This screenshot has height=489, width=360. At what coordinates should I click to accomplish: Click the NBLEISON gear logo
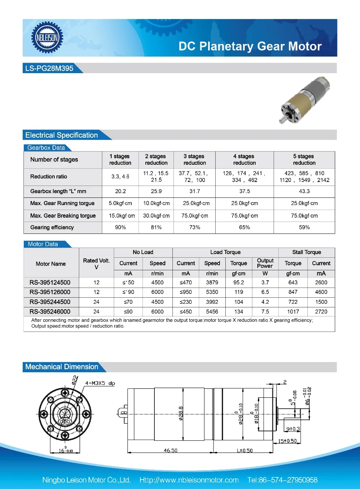(47, 37)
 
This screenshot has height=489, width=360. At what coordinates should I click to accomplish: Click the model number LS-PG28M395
(49, 68)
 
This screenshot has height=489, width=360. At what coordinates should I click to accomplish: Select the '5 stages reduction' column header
(304, 160)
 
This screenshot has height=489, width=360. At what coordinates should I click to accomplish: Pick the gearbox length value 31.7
(194, 191)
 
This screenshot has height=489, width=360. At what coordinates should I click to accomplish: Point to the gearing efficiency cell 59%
(304, 227)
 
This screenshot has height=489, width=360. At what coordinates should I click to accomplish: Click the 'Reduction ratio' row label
(49, 177)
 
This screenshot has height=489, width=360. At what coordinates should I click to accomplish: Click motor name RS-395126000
(50, 292)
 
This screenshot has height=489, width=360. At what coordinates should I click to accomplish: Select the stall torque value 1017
(293, 312)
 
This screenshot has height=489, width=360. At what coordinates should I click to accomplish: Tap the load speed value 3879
(212, 283)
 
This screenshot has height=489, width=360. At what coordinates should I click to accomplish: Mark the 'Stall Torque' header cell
(306, 252)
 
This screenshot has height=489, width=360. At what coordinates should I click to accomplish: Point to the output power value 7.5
(265, 312)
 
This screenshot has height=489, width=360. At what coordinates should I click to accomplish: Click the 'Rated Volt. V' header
(96, 263)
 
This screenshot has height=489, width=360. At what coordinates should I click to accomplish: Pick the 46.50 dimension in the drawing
(170, 450)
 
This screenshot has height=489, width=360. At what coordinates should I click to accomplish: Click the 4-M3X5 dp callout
(100, 383)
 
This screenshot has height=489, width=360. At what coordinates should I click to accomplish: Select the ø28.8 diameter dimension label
(181, 413)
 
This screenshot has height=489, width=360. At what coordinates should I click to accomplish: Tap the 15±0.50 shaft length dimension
(287, 441)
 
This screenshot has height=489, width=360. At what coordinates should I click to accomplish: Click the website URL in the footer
(189, 480)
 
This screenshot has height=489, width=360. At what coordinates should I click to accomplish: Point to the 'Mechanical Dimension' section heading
(62, 367)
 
